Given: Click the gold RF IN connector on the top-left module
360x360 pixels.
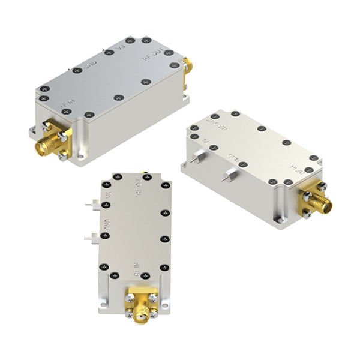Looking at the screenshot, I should (48, 141).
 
